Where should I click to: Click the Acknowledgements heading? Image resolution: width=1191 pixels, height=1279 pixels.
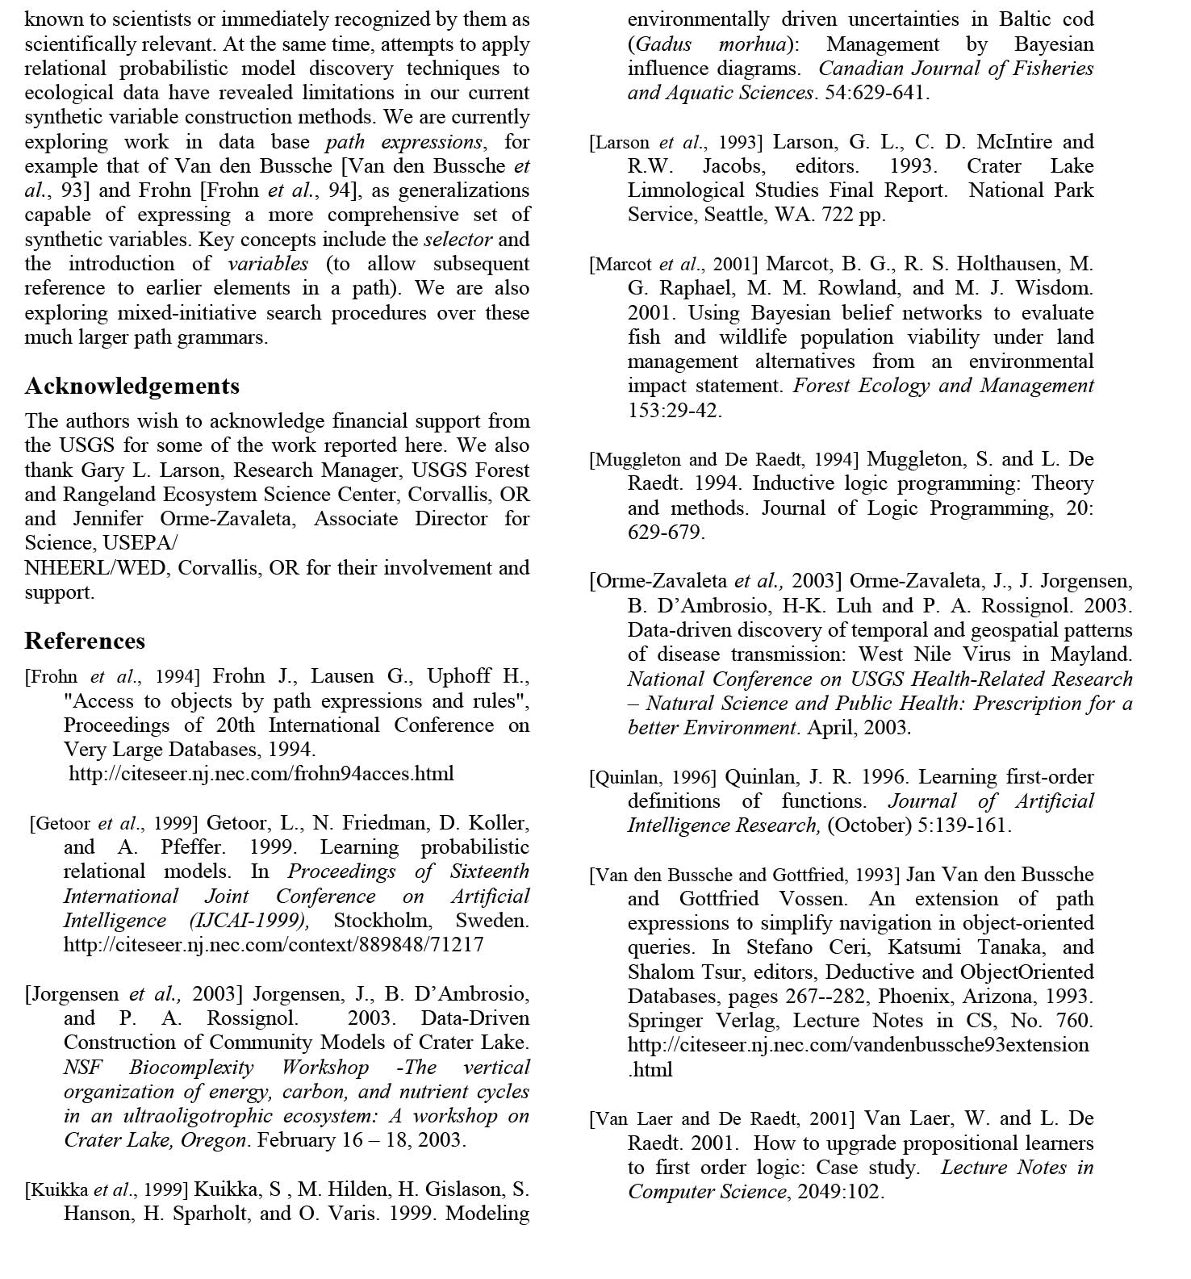point(132,387)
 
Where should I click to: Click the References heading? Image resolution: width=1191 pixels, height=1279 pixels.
point(85,642)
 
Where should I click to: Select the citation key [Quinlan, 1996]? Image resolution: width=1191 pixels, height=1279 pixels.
point(653,778)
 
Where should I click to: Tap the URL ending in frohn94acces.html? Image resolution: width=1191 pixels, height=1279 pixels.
point(261,774)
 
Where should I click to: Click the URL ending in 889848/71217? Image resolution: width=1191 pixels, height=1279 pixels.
point(274,945)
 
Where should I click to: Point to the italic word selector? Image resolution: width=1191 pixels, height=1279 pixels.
point(458,240)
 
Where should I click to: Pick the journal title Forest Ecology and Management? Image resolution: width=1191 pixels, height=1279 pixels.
point(943,386)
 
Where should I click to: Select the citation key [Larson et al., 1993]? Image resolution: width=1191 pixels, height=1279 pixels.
point(675,143)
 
